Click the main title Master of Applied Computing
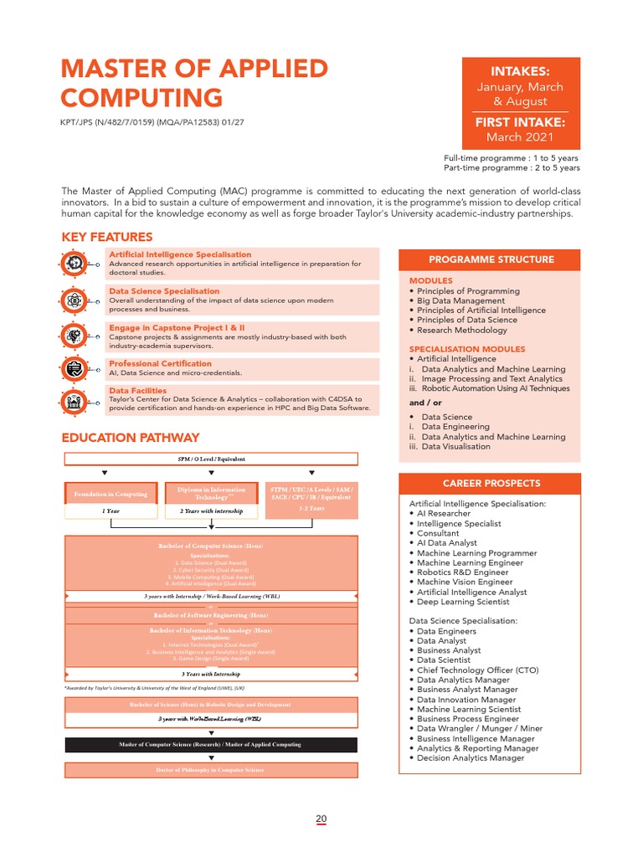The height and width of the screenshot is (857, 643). (194, 83)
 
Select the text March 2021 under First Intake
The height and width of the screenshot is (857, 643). (520, 137)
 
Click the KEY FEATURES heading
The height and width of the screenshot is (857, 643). (107, 237)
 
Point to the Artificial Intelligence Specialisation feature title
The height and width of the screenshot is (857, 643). (180, 254)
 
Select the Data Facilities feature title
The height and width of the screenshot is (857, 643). (137, 391)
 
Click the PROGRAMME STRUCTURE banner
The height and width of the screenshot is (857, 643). (491, 259)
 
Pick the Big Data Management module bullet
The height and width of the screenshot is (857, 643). (460, 300)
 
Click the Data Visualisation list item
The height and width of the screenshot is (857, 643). (456, 446)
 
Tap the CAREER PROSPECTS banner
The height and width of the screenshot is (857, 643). (491, 484)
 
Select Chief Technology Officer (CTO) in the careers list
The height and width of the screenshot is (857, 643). (477, 670)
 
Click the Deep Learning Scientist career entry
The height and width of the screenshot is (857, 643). (462, 602)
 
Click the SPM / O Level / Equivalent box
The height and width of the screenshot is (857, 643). (211, 459)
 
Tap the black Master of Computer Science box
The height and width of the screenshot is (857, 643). (211, 744)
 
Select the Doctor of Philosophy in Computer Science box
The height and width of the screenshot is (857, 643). (211, 770)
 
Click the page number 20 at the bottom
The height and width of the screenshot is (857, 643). (321, 819)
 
